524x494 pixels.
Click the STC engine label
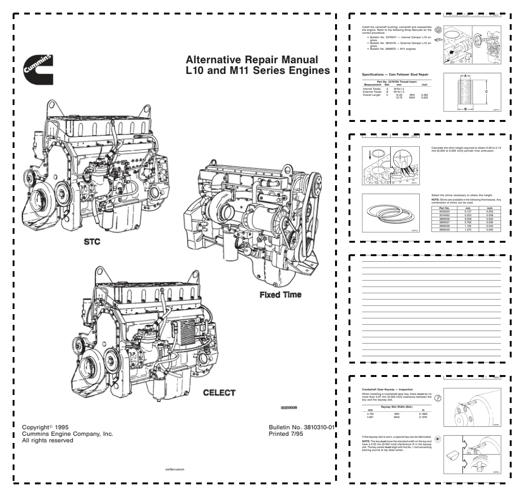pos(92,242)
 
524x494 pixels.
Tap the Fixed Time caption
pos(280,295)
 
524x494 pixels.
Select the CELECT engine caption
pos(219,393)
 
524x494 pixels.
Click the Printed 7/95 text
pos(286,434)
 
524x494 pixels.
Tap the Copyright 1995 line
pos(45,427)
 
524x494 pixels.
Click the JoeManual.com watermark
pos(175,469)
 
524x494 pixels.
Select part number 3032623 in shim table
pos(444,212)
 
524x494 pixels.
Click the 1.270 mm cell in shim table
pos(468,230)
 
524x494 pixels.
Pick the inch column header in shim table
pos(490,208)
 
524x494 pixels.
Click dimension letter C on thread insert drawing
pos(486,92)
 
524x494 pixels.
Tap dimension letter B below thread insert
pos(465,109)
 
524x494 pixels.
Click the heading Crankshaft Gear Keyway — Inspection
pos(387,389)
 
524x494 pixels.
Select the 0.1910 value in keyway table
pos(423,417)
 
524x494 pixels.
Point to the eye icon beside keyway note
pos(438,439)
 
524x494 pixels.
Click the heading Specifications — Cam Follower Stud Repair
pos(395,74)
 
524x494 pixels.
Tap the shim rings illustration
pos(391,213)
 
